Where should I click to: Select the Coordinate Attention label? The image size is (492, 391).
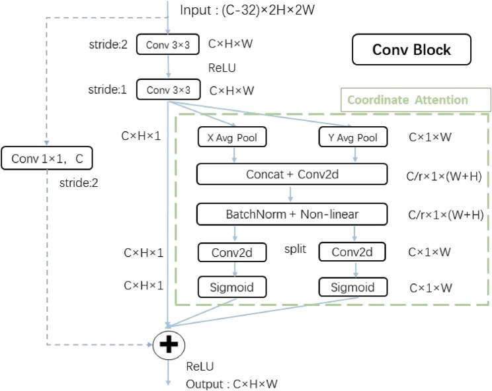tap(407, 100)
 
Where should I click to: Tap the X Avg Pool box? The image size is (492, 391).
tap(232, 137)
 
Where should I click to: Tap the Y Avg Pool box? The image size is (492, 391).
tap(352, 137)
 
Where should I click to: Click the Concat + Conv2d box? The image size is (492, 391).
tap(292, 174)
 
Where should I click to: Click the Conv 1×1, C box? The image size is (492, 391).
tap(48, 158)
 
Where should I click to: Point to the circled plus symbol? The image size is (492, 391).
tap(169, 345)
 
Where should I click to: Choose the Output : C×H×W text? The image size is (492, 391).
tap(232, 384)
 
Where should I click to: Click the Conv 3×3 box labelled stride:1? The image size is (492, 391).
tap(168, 89)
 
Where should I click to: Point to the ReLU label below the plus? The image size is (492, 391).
tap(200, 365)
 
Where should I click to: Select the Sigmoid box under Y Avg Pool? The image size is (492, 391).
tap(352, 287)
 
